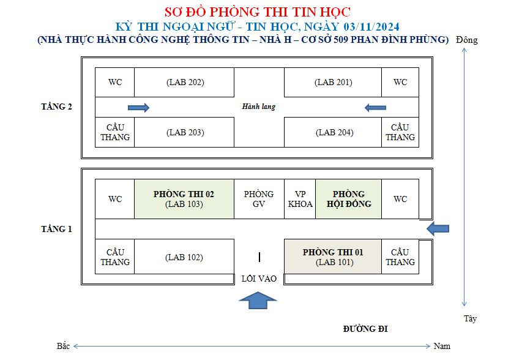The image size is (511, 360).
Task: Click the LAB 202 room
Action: [184, 82]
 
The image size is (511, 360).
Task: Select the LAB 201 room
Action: [333, 82]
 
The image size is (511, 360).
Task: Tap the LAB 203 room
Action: [184, 132]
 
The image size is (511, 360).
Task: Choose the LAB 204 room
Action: [333, 132]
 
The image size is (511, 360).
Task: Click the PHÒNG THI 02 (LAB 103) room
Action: [184, 199]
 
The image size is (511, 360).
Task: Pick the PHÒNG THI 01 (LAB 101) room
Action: [333, 257]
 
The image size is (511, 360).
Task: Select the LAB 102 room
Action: [184, 257]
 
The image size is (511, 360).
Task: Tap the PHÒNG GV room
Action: [259, 199]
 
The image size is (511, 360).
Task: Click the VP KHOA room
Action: [300, 199]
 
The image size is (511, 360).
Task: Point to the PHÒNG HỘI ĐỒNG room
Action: [348, 199]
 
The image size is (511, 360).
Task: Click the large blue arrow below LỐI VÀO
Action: [258, 301]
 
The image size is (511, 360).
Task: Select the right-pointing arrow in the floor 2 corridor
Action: [138, 108]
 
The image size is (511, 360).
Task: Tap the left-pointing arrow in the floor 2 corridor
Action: [375, 108]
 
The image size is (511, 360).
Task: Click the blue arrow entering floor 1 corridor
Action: [438, 228]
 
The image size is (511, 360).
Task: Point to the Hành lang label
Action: [259, 107]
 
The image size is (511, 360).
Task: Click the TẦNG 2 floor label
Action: [56, 107]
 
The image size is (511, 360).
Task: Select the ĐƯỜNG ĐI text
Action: [365, 329]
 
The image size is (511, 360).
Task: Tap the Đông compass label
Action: [467, 40]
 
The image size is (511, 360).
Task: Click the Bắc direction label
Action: [63, 346]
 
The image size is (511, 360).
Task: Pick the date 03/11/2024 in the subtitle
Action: [371, 26]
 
